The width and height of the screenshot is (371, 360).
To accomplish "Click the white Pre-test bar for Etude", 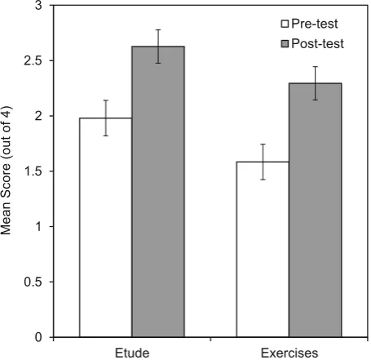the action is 105,228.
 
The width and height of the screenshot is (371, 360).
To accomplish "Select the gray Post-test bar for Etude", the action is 158,192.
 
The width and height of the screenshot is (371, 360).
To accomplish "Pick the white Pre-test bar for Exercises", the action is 263,250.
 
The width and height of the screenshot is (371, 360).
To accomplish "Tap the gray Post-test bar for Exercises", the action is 316,210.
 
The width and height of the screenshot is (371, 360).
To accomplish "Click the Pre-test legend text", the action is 315,24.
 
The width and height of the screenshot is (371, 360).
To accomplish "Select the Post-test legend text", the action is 317,43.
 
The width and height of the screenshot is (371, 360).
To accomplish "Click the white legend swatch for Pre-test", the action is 285,24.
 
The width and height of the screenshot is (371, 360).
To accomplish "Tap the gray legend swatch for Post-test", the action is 285,43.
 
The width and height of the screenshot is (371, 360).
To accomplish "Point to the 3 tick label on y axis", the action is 39,6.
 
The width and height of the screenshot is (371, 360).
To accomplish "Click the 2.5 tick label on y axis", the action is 33,60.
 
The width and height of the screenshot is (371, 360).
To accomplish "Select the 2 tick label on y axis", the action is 39,116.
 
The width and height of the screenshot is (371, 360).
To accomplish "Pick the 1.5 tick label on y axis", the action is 33,171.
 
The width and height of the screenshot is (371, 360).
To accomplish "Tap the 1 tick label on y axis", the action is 39,226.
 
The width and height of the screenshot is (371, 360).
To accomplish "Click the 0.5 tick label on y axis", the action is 33,282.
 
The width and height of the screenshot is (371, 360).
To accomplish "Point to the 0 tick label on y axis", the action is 39,337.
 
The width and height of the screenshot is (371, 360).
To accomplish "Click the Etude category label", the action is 132,353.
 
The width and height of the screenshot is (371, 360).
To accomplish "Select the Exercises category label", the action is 289,353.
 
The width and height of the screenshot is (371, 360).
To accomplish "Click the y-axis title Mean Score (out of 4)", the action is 6,171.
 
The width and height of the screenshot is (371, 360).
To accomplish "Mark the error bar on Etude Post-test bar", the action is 158,47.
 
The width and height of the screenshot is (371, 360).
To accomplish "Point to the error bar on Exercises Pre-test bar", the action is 263,162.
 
